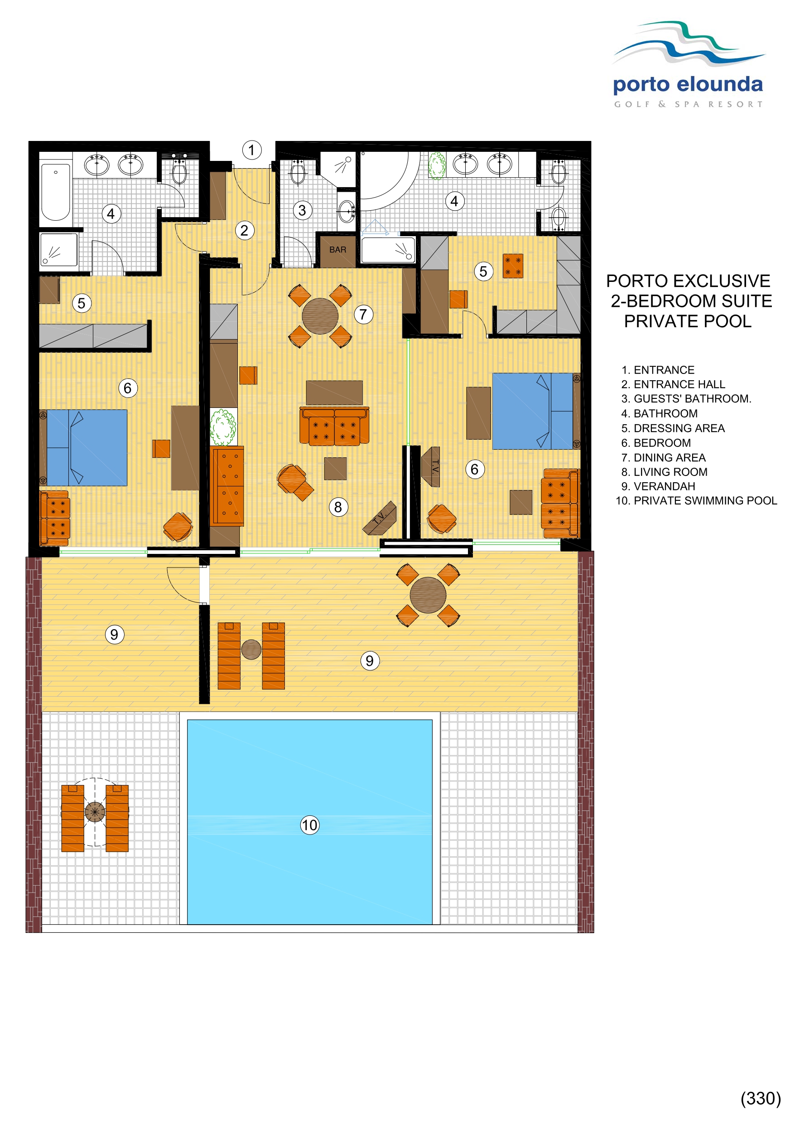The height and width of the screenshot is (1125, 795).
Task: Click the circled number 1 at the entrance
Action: click(251, 150)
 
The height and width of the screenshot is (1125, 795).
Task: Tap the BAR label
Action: click(337, 250)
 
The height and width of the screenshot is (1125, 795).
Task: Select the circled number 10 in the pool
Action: click(309, 824)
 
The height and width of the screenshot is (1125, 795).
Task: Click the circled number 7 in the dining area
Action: click(363, 314)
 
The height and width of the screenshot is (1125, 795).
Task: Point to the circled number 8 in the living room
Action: click(338, 507)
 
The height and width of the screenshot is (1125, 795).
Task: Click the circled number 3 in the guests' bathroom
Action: click(302, 210)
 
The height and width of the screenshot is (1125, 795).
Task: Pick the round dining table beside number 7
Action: click(320, 316)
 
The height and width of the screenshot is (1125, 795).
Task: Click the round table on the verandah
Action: click(428, 595)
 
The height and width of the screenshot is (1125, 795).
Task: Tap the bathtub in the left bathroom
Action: click(55, 192)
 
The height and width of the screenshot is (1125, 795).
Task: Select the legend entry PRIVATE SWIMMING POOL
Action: click(705, 501)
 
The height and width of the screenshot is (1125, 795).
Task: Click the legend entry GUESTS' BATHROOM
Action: click(692, 398)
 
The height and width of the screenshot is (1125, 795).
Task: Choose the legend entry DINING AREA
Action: click(670, 457)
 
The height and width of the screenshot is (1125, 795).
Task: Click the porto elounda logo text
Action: click(688, 85)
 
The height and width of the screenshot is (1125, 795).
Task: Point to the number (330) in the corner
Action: click(760, 1098)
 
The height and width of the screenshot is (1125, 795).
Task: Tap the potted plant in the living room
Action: click(223, 427)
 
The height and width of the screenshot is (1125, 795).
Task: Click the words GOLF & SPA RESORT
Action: click(688, 104)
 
